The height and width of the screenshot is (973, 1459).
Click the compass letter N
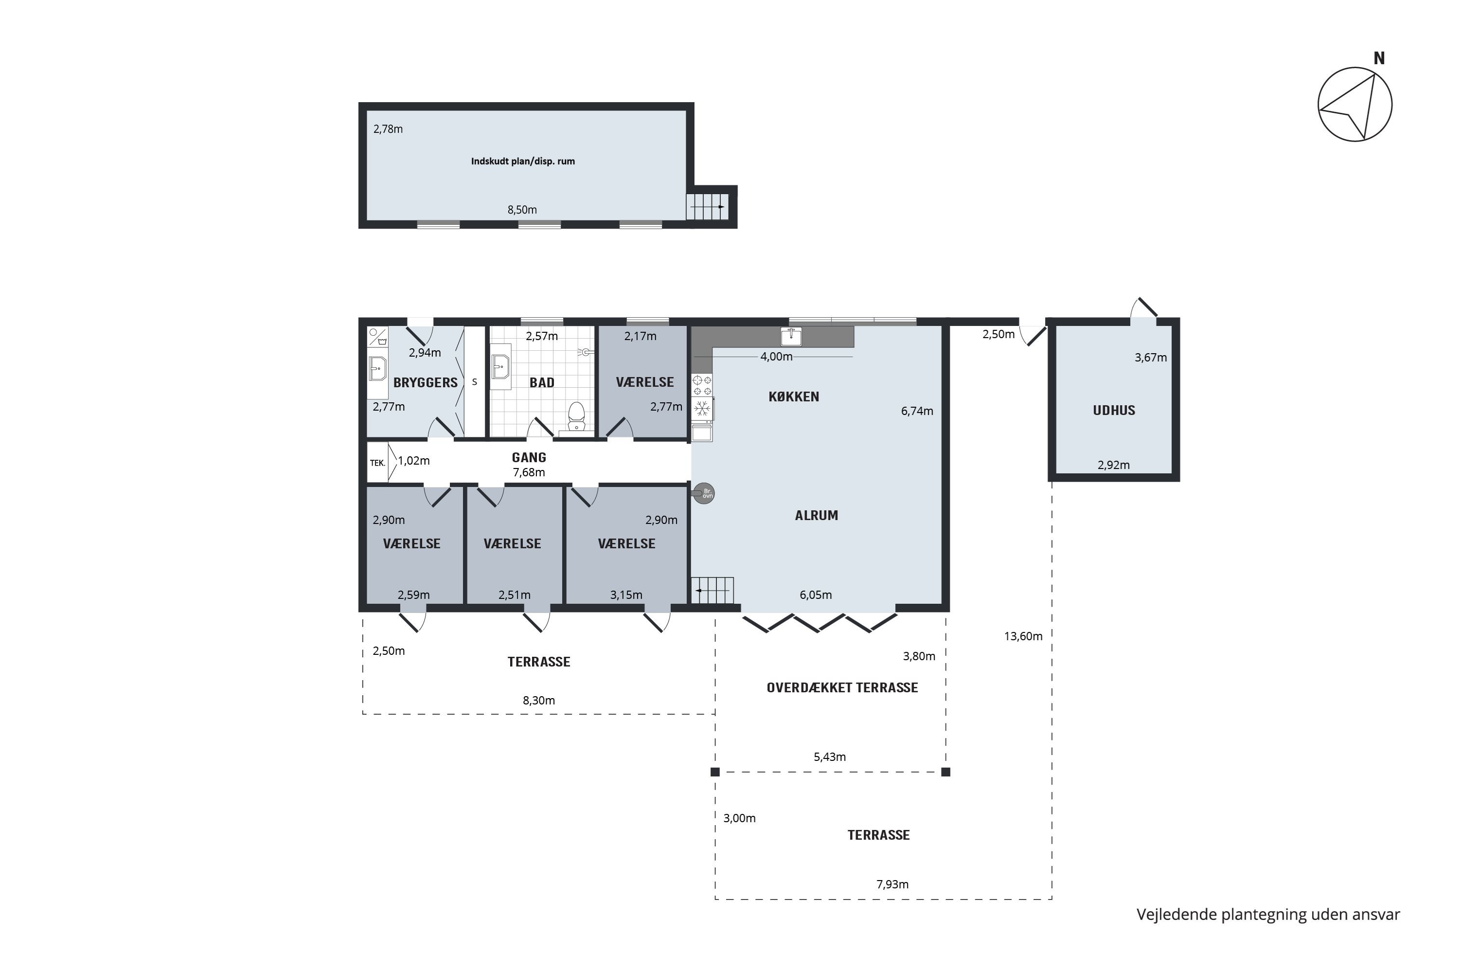tap(1379, 58)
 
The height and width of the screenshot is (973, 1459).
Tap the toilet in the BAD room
tap(577, 416)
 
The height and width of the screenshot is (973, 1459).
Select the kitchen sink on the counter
tap(791, 336)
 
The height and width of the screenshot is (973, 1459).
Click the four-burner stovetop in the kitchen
tap(702, 385)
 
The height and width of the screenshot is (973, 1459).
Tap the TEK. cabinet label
tap(377, 463)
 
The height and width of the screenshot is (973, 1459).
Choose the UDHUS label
tap(1114, 410)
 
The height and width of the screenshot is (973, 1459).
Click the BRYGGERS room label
tap(426, 383)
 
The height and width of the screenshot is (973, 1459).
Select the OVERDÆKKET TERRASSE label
tap(842, 687)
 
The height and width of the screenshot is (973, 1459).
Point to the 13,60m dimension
tap(1024, 636)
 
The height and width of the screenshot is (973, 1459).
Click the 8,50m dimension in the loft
tap(522, 210)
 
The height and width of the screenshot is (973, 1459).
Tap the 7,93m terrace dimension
tap(892, 884)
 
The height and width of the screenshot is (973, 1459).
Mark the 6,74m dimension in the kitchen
tap(917, 411)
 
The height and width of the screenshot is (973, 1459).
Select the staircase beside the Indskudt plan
tap(707, 207)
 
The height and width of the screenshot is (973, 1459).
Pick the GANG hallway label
tap(529, 457)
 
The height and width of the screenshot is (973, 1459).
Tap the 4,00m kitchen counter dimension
tap(777, 357)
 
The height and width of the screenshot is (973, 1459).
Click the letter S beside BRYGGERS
tap(475, 382)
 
